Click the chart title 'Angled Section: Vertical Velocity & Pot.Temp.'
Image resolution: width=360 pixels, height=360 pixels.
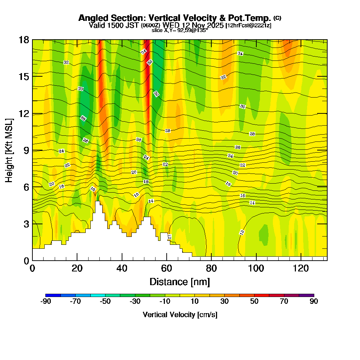tap(175, 18)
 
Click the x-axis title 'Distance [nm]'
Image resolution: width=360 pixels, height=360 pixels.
tap(180, 282)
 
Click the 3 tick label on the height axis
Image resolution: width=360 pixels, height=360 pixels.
tap(26, 224)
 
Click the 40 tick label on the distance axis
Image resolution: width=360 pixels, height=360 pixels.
tap(122, 268)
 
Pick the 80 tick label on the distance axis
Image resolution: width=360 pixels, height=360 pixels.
tap(211, 268)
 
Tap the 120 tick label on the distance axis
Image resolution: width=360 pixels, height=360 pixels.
tap(301, 268)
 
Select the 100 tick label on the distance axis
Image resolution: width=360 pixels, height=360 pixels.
tap(256, 268)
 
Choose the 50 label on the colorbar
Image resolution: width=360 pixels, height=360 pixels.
tap(254, 302)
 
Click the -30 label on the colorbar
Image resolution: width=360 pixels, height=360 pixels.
tap(135, 302)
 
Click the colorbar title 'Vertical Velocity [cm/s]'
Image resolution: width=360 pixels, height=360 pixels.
tap(180, 315)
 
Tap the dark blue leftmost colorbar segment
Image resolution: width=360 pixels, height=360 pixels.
tap(53, 295)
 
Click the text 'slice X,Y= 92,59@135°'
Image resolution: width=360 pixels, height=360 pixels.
tap(180, 31)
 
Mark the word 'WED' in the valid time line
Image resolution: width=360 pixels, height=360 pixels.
tap(170, 25)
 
